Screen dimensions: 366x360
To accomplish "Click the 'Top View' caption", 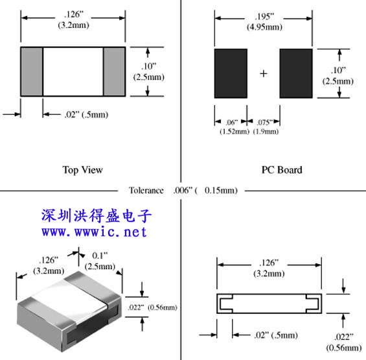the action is pos(83,170).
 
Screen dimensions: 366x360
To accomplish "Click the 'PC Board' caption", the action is pos(282,170).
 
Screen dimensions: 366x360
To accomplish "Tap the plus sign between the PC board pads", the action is pos(264,74).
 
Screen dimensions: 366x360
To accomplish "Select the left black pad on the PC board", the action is pos(231,73).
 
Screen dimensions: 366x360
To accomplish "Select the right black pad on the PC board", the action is pos(296,73).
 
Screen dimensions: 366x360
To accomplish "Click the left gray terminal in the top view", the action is pos(32,71).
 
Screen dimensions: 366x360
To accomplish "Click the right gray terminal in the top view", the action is pos(115,71).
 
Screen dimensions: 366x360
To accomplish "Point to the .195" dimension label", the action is pos(264,17).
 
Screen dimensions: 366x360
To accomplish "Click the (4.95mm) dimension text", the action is pos(264,27).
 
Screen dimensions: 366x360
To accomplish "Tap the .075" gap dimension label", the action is pos(265,122).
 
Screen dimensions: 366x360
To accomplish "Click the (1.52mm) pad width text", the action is pos(234,132).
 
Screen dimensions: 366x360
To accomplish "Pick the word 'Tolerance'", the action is pos(146,190).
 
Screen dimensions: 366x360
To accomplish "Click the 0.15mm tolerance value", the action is pos(221,190).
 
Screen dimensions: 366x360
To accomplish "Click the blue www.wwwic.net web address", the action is pos(94,232).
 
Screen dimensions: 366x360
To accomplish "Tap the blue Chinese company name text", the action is pos(97,215).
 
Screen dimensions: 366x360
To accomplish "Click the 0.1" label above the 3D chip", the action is pos(100,256).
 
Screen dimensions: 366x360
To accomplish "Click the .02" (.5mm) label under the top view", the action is pos(86,115).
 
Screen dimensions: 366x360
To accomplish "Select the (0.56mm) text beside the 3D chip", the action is pos(163,307).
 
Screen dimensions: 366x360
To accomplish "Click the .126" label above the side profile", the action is pos(269,263).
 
